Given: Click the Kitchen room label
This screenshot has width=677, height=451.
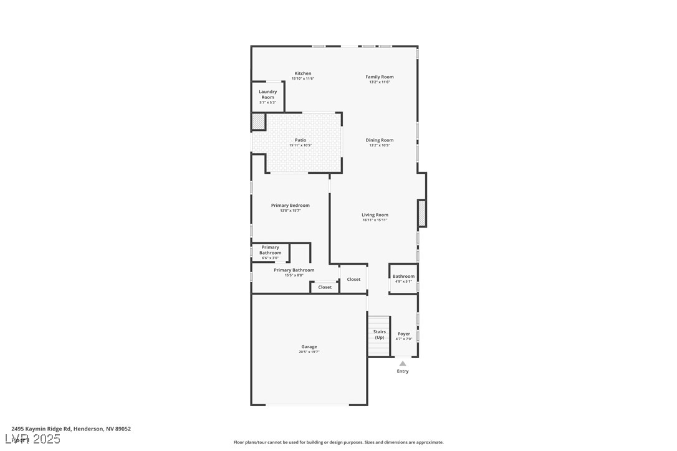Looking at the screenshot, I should pos(303,74).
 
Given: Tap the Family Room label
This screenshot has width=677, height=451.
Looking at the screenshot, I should pos(379,77).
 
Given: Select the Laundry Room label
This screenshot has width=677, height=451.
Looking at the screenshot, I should pos(268,94).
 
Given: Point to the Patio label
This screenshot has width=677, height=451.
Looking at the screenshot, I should pos(300,140).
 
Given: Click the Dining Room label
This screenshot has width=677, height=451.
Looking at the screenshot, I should pos(379,140).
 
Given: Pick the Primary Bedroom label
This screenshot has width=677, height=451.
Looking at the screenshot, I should pos(290,206).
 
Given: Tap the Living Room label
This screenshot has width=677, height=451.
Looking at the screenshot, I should pos(375,215).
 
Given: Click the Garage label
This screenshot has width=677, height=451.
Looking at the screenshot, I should pos(309,347).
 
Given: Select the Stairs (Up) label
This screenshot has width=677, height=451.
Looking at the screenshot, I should pos(380,335).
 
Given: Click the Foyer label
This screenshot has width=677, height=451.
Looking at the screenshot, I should pos(404,334).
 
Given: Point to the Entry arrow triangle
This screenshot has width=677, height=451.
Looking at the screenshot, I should pos(403,363).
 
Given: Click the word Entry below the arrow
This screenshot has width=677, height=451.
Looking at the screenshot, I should pos(403,371).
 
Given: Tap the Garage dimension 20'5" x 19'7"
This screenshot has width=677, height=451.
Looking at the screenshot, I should pos(309,352).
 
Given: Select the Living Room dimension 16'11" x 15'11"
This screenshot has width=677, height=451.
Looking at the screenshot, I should pos(375,220).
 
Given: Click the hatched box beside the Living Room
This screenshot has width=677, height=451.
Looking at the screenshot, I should pos(422,214).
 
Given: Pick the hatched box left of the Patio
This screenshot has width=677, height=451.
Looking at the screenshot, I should pos(258,121).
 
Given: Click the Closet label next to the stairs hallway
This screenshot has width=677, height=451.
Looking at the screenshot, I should pos(353,279).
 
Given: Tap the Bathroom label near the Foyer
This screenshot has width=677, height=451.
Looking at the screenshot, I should pos(403,276).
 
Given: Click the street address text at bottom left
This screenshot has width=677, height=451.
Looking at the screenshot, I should pos(71,429).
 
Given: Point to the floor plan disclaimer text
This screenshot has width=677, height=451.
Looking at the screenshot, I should pos(338,442).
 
